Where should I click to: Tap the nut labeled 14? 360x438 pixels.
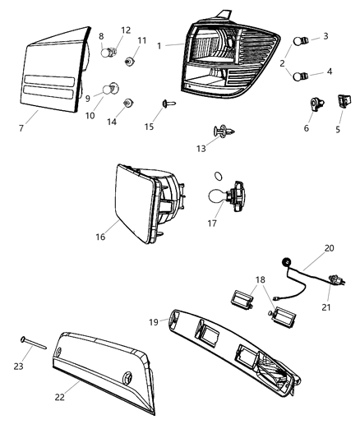click(x=128, y=103)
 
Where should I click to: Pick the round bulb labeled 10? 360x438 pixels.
click(x=109, y=89)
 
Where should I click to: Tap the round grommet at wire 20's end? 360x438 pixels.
click(x=288, y=261)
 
